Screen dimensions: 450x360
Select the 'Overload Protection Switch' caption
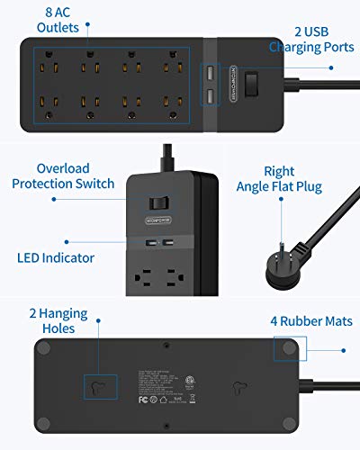pyautogui.click(x=64, y=176)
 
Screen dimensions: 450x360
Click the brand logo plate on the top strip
pyautogui.click(x=227, y=83)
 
